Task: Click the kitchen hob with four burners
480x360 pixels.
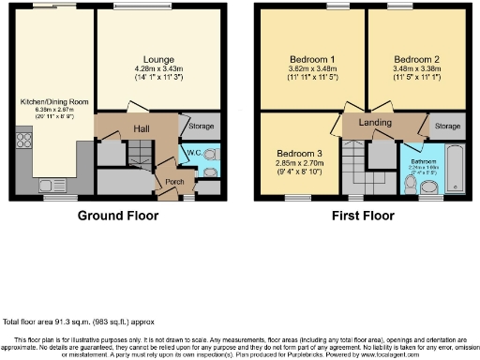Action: [x=21, y=142]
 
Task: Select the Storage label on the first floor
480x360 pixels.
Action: [x=447, y=126]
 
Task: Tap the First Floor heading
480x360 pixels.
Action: [x=363, y=216]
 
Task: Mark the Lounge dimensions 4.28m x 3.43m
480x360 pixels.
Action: [x=157, y=72]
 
